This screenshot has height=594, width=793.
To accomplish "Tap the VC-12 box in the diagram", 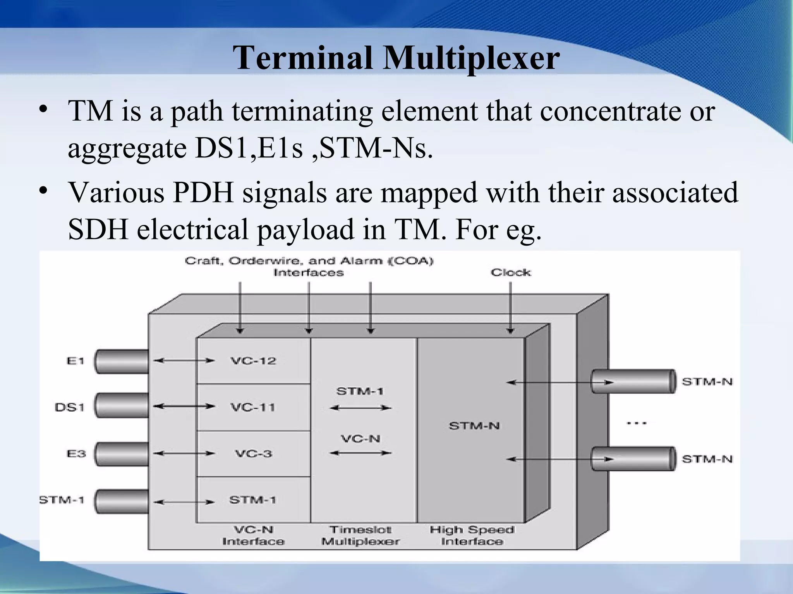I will click(253, 361).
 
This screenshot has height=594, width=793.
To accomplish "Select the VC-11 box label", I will click(253, 407).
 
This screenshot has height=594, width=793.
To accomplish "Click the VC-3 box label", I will click(254, 453).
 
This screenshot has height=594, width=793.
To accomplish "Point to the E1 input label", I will click(76, 361).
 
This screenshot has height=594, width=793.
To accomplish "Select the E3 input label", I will click(76, 454).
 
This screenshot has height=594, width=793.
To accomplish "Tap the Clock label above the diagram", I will click(511, 273).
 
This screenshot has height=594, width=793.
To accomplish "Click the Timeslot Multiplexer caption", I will click(360, 535).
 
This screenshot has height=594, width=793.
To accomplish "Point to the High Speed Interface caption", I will click(472, 535).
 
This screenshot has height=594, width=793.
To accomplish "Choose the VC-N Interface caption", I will click(253, 535).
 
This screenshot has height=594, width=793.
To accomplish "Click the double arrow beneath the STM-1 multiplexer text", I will click(360, 408).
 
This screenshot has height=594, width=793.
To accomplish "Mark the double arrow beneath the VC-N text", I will click(360, 453).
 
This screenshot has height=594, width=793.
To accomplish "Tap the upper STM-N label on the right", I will click(707, 382).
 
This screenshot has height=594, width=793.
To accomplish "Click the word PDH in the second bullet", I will click(203, 192).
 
